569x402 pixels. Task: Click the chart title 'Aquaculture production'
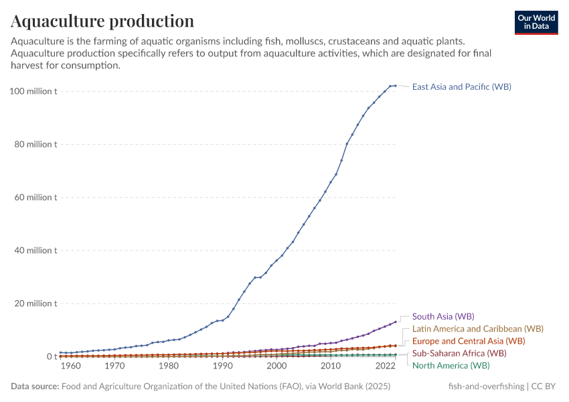coord(102,21)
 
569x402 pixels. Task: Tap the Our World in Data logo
coord(536,22)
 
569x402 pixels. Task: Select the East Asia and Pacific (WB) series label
coord(461,86)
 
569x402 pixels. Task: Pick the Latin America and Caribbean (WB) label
coord(477,329)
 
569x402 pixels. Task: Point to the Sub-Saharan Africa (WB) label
coord(459,353)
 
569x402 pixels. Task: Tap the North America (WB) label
coord(451,365)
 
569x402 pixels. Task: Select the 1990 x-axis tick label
coord(222,366)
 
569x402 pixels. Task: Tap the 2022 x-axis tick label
coord(386,366)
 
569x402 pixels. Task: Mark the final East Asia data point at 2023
coord(396,86)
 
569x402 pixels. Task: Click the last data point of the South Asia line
coord(396,322)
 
